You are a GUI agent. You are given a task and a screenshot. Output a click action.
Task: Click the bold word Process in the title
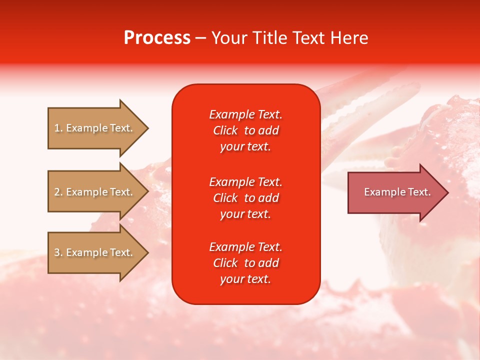point(157,38)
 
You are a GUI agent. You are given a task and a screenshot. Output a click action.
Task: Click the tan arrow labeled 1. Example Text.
point(98,128)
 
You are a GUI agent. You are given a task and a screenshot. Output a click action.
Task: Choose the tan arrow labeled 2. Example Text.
point(98,191)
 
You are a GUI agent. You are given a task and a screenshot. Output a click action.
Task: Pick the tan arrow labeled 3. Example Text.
point(98,252)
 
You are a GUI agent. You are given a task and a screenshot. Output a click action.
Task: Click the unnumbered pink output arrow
point(398,192)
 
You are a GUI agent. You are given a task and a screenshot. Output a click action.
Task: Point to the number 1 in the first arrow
point(57,128)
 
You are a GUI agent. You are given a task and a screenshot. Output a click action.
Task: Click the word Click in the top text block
point(225,130)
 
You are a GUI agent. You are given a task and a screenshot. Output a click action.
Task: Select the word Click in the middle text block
point(225,198)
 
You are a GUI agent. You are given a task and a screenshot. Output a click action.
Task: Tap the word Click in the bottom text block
point(225,262)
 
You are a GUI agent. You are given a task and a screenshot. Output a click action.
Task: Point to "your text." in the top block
point(245,147)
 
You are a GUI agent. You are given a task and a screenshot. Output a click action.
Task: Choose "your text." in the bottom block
point(245,279)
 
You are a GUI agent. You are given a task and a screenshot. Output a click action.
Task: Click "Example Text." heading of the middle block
point(246,182)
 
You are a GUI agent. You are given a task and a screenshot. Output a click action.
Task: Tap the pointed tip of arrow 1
point(148,128)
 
